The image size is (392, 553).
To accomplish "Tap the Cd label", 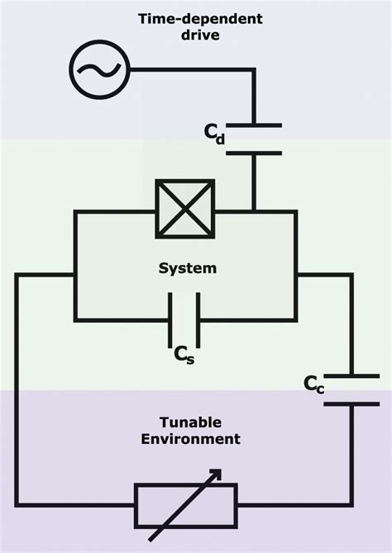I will (x=213, y=134).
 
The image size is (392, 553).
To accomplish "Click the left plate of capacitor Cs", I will (x=171, y=319).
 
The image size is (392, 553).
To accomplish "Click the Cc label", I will (x=313, y=383).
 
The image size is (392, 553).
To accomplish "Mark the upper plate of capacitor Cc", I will (x=351, y=376).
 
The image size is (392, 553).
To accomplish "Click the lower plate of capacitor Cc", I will (x=351, y=404).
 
